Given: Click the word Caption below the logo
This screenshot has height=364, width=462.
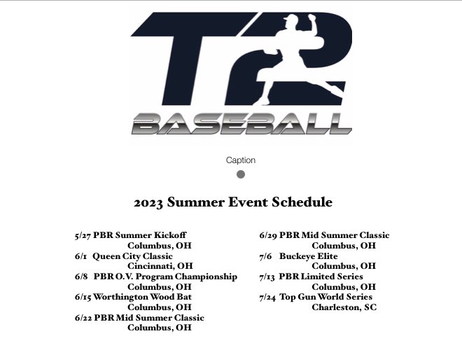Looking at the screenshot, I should coord(240,160).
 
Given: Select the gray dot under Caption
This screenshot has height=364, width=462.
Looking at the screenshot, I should coord(241,174).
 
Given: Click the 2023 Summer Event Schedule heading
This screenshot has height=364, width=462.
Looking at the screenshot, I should coord(233,203).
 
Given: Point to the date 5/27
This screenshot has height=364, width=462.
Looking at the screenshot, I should coord(83,235).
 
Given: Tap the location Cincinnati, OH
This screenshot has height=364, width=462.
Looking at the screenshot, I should coord(160,266).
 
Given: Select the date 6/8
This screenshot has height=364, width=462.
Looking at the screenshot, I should coord(81,276).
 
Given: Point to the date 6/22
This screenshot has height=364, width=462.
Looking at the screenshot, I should coord(83,317).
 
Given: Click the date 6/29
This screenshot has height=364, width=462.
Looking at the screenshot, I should coord(268,235).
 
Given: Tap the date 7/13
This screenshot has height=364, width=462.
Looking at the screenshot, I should coord(267,276).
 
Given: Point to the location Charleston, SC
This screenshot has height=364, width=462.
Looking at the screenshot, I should coord(344,307).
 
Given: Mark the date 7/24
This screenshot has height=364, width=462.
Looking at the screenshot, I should coord(268,297).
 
